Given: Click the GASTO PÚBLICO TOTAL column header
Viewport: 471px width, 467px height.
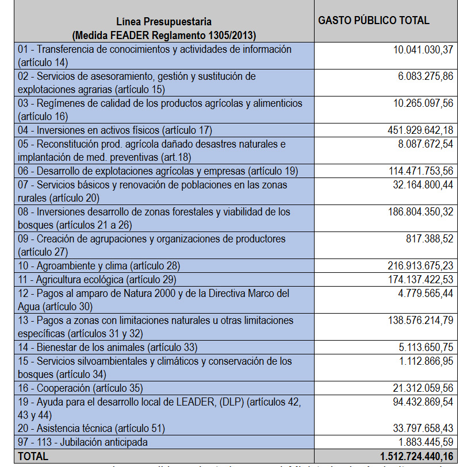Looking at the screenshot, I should point(374,21).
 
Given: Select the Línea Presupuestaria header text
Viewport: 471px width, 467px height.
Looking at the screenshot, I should point(164,23).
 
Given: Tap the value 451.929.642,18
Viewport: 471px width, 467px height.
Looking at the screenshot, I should point(420,130).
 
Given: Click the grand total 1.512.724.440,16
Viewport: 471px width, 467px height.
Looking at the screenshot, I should point(416,457).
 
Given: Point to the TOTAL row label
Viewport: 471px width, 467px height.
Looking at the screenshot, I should point(33,457).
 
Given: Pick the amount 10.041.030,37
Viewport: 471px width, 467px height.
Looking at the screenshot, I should point(423,50).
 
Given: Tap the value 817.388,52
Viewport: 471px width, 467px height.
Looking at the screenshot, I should point(430,239).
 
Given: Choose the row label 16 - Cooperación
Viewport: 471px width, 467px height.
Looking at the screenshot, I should point(80,388).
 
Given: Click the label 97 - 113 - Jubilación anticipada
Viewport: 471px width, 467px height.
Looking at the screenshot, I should point(83,442).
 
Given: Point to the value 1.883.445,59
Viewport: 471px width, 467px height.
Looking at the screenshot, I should point(426,442).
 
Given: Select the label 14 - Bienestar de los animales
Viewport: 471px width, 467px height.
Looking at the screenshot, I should point(108,348).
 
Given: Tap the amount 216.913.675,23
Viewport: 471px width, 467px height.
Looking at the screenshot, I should point(420,266).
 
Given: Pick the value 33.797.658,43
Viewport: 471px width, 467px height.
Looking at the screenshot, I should point(423,429).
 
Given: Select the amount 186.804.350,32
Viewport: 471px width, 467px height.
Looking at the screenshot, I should point(420,212).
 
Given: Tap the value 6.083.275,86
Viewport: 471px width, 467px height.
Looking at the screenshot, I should point(426,77).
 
